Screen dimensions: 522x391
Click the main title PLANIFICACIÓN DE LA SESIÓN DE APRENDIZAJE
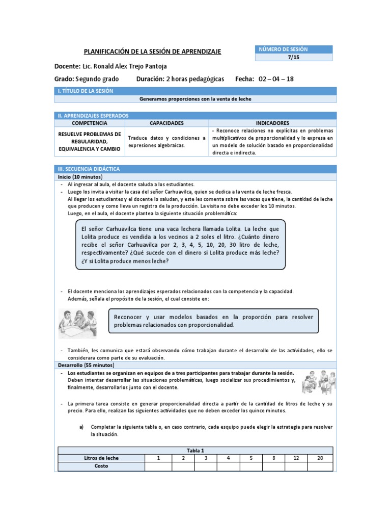click(x=153, y=51)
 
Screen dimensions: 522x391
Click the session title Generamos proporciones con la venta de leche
click(x=195, y=99)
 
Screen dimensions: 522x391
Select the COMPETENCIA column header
click(x=90, y=123)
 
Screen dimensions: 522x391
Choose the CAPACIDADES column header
click(x=167, y=123)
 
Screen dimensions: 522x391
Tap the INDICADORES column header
click(x=272, y=123)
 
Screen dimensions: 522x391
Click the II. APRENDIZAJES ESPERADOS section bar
click(x=195, y=116)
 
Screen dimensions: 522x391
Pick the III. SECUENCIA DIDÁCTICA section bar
click(x=195, y=169)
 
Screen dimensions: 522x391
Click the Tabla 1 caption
click(x=195, y=450)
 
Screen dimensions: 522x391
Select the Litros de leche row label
click(x=101, y=458)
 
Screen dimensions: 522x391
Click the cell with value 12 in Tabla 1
click(x=297, y=458)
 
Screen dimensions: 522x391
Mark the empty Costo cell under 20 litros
click(x=320, y=466)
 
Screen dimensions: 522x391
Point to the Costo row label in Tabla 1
click(x=101, y=466)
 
